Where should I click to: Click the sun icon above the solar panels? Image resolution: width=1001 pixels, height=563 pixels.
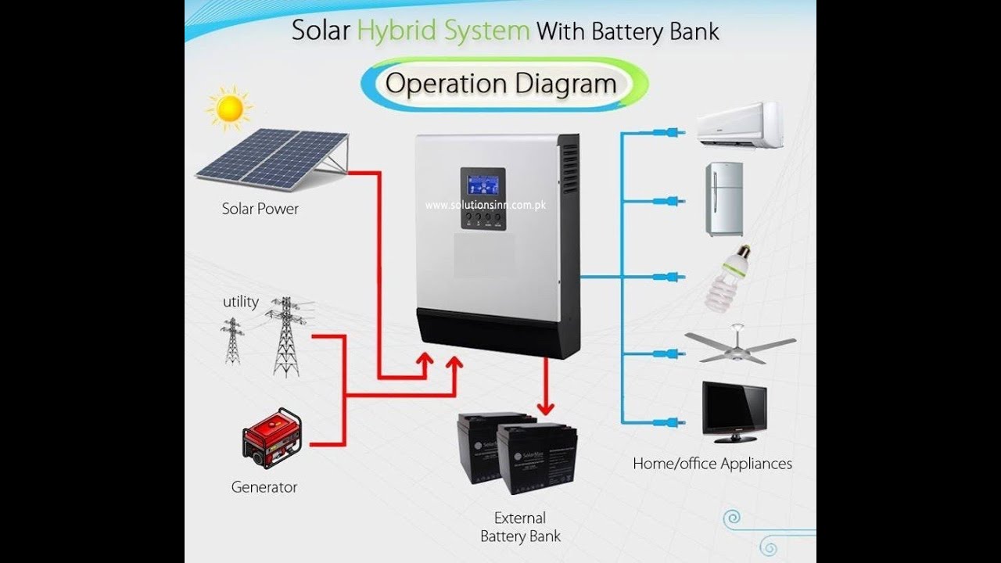click(x=230, y=109)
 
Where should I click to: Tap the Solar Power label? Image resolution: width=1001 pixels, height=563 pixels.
click(x=260, y=209)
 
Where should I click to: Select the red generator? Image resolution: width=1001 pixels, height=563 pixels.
click(x=272, y=438)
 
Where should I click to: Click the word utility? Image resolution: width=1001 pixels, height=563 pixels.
click(x=241, y=302)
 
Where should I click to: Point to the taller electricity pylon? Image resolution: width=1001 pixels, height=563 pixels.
click(x=286, y=336)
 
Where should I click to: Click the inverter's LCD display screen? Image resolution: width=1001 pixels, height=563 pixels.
click(x=483, y=185)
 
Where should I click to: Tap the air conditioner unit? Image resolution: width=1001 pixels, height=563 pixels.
click(x=739, y=125)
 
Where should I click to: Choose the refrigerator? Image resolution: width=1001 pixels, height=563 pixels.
click(x=724, y=199)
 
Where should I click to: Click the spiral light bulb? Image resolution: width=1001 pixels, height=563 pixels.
click(x=727, y=279)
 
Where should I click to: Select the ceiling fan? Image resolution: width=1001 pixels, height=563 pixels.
click(x=739, y=346)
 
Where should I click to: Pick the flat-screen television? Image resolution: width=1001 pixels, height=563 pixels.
click(x=734, y=411)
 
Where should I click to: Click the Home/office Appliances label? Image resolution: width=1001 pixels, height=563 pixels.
click(x=712, y=464)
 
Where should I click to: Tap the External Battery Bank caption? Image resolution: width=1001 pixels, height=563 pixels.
click(x=520, y=527)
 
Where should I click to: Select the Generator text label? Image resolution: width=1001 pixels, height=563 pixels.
click(x=264, y=487)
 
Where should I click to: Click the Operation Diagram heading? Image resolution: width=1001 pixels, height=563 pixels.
click(x=501, y=84)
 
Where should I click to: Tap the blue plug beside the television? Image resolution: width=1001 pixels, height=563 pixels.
click(x=669, y=422)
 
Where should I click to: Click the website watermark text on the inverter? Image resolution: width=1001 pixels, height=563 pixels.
click(x=486, y=206)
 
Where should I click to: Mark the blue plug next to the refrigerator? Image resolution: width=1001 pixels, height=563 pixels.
click(x=669, y=201)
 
